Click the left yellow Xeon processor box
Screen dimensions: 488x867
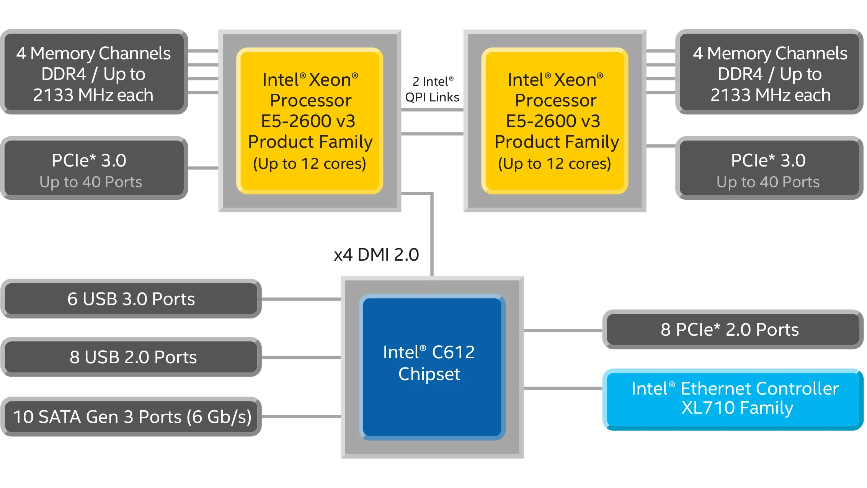pos(310,121)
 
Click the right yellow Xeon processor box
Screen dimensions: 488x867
pos(555,121)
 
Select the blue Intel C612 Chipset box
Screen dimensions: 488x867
pos(432,367)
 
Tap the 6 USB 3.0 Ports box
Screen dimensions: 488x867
pos(131,299)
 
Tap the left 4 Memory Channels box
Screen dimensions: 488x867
pos(93,73)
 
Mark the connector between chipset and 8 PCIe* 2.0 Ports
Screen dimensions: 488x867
pos(563,330)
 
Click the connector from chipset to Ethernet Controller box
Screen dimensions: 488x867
pos(563,389)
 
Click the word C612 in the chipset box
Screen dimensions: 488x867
pos(453,352)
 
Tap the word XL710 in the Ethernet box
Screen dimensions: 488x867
pos(703,408)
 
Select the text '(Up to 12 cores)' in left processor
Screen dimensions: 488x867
pos(310,164)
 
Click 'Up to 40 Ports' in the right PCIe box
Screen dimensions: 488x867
pos(768,182)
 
